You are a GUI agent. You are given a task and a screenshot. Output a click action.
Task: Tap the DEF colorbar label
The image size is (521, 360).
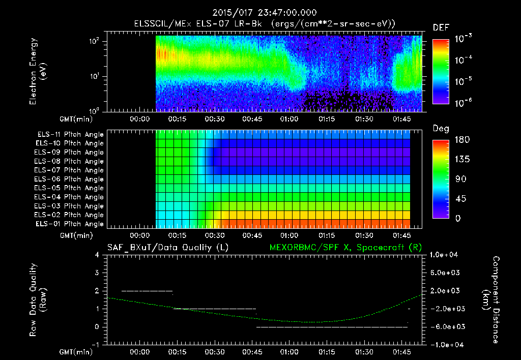pos(441,27)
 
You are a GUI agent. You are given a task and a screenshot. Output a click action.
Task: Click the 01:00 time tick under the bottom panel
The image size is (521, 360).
pos(288,352)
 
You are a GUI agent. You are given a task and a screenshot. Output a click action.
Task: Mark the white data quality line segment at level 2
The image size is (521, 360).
pos(147,291)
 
